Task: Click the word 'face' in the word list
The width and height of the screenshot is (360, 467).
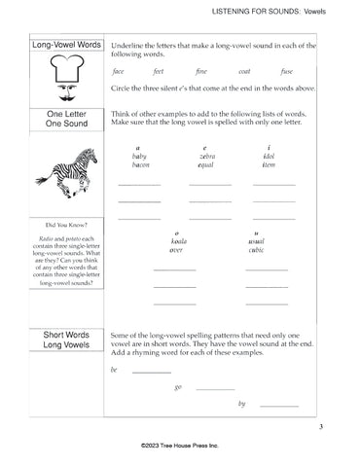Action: (x=119, y=72)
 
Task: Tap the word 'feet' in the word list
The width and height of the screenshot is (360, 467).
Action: (x=160, y=72)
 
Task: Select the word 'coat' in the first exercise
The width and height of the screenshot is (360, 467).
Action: (x=244, y=72)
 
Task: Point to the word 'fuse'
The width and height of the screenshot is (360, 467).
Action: (x=287, y=72)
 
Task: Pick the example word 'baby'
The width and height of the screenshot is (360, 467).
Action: (x=139, y=156)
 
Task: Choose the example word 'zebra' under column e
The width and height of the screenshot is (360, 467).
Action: (x=212, y=156)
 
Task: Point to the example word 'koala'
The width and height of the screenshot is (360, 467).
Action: (x=175, y=241)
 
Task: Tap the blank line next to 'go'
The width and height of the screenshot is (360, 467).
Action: (x=215, y=388)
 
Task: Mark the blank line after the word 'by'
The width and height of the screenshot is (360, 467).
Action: (x=279, y=405)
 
